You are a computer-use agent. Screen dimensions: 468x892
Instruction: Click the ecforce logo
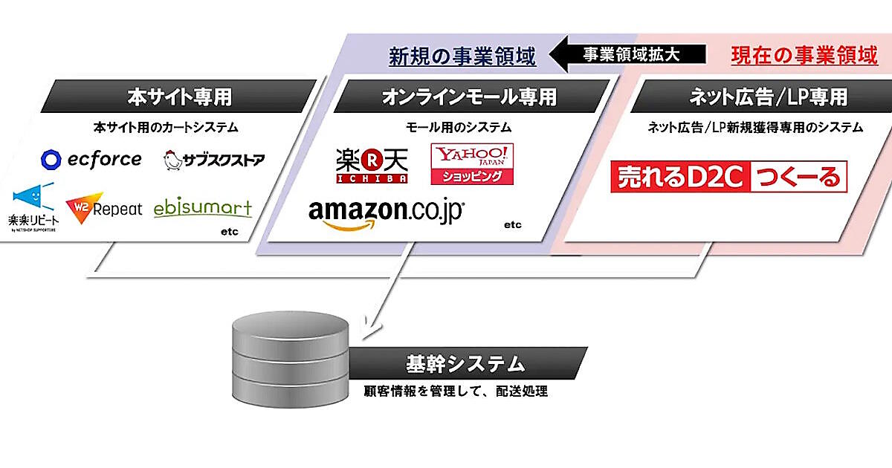[91, 159]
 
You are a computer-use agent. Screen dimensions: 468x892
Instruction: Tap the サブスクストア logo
[213, 159]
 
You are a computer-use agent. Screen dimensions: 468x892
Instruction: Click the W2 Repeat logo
[104, 209]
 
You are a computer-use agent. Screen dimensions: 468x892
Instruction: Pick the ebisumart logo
[203, 209]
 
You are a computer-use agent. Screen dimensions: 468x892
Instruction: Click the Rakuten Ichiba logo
[372, 164]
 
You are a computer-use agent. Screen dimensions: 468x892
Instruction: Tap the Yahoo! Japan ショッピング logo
[473, 163]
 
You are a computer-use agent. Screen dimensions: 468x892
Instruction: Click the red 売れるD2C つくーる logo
[729, 176]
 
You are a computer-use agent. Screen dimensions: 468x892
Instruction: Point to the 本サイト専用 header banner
[179, 97]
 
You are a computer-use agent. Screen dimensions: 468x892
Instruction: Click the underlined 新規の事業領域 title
[462, 56]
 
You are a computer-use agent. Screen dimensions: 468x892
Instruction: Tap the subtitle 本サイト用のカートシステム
[166, 127]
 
